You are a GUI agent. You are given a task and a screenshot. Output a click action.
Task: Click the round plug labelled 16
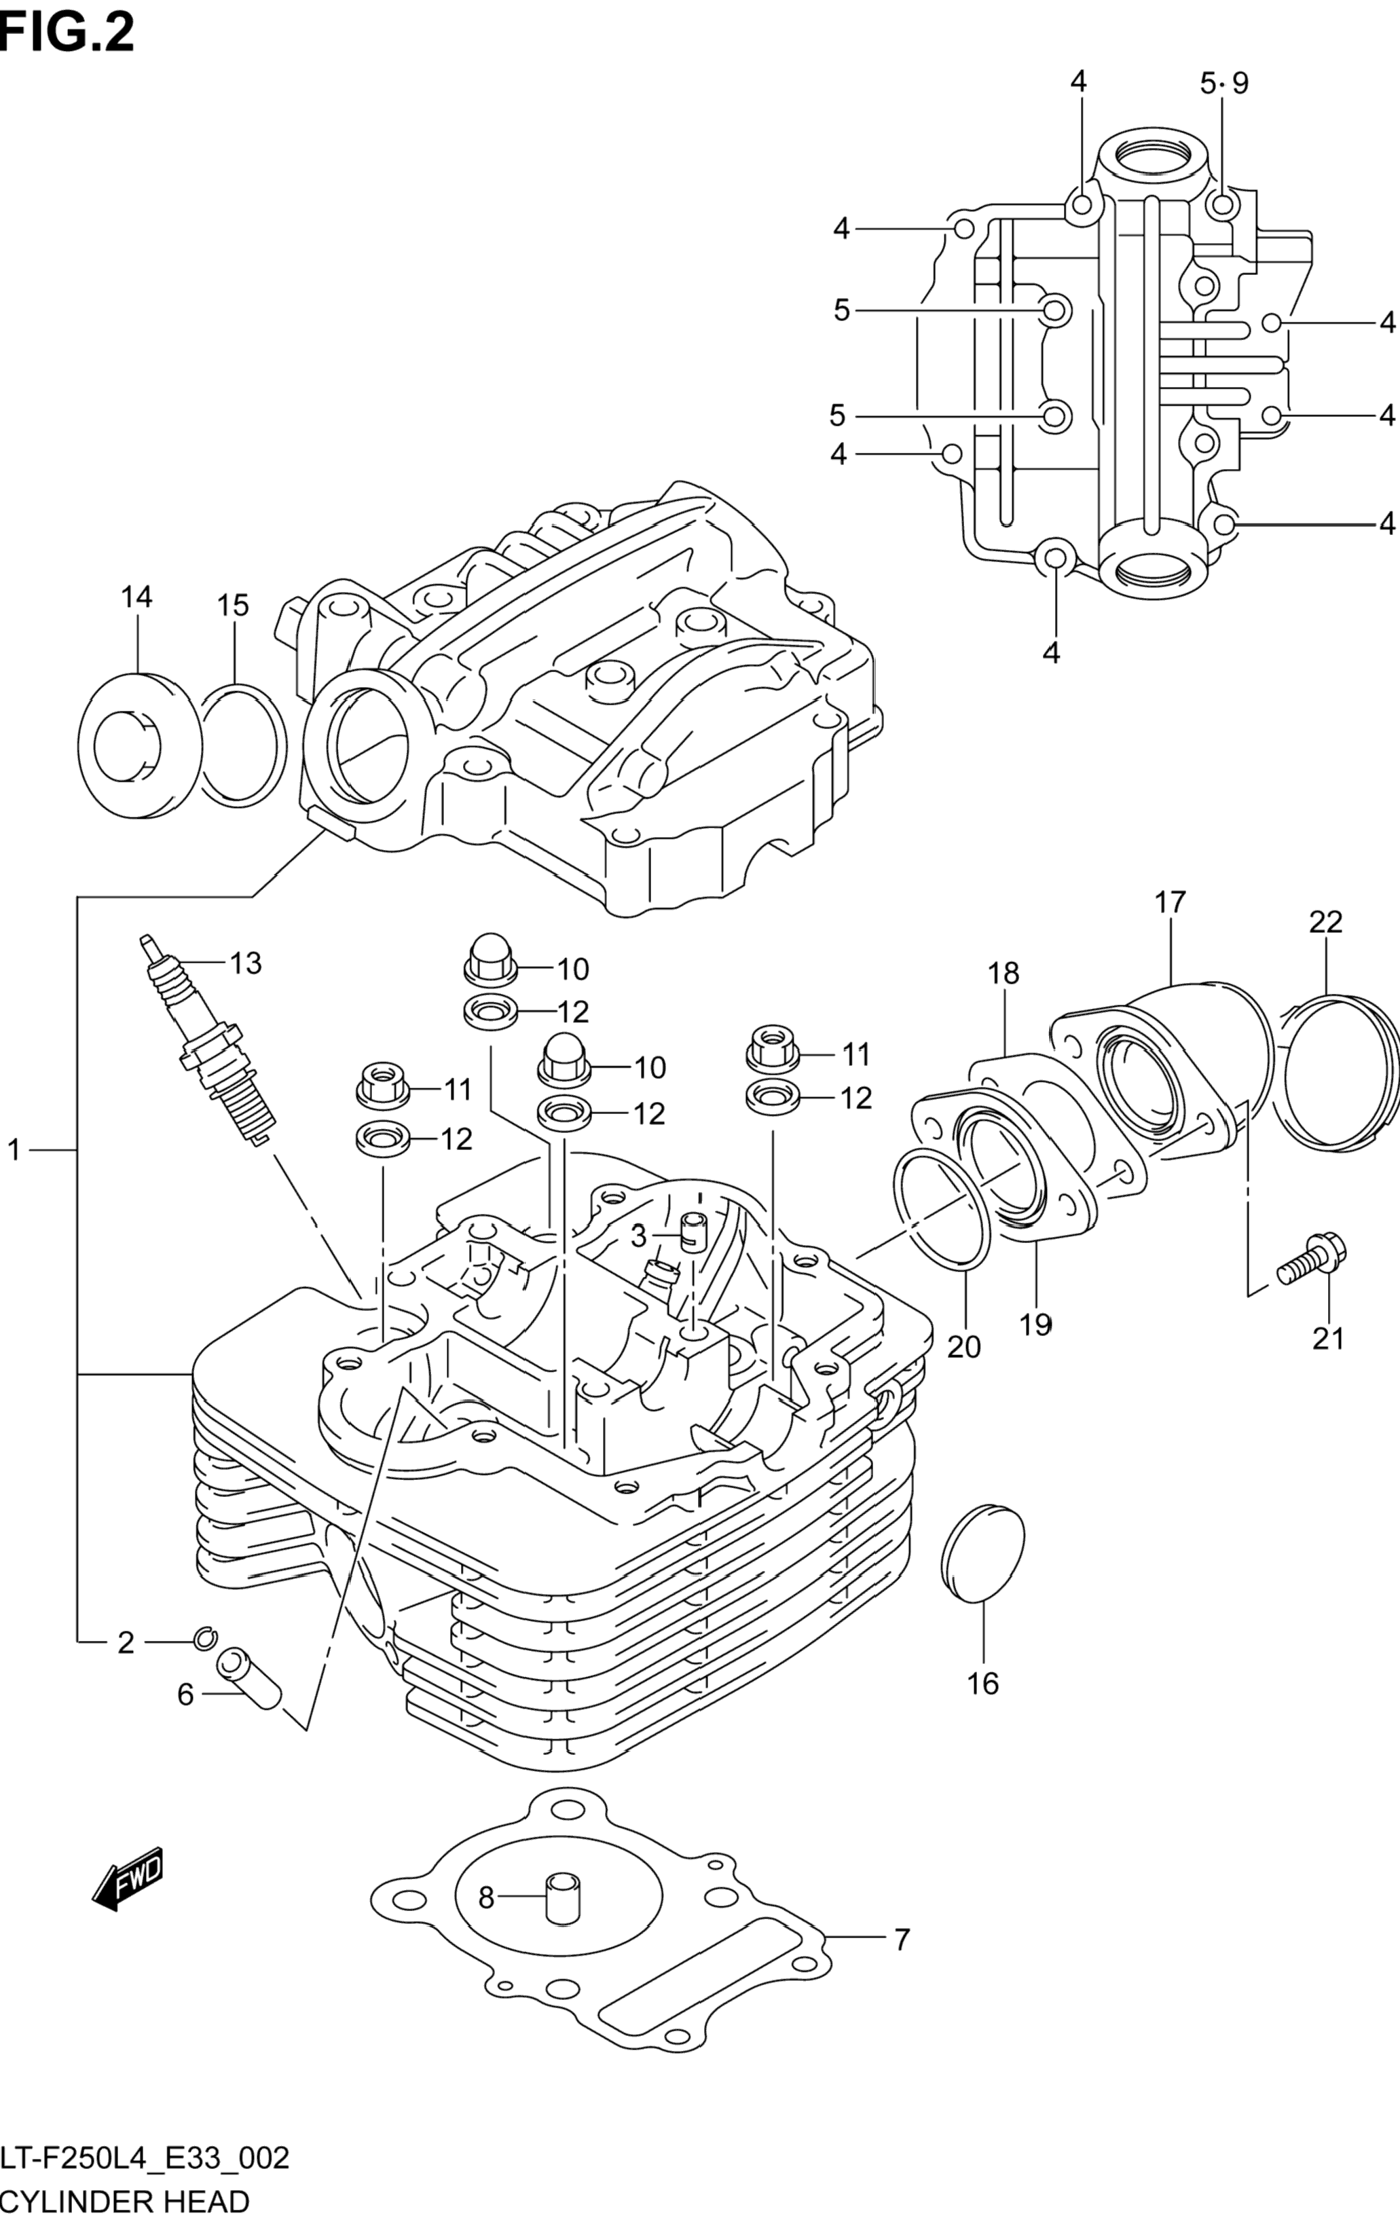[983, 1554]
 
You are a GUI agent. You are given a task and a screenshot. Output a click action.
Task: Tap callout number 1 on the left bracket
[14, 1150]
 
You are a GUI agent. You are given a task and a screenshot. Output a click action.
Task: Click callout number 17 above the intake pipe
[1169, 902]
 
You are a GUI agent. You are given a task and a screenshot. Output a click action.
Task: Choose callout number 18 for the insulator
[1003, 973]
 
